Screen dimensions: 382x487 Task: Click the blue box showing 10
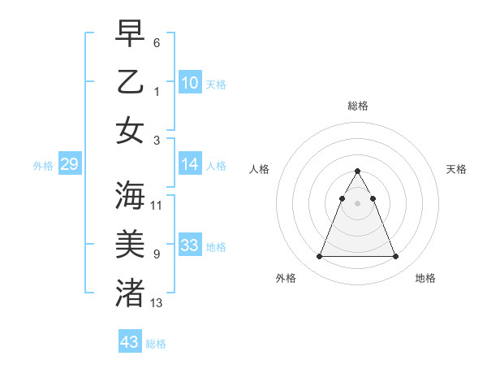click(190, 82)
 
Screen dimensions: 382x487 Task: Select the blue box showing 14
click(190, 164)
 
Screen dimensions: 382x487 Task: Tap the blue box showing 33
click(190, 245)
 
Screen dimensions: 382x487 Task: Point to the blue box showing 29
click(69, 165)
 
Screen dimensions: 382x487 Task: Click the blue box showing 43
click(129, 342)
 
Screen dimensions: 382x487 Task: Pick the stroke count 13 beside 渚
click(157, 303)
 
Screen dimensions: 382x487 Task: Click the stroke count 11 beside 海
click(157, 206)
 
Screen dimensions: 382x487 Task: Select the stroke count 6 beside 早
click(157, 42)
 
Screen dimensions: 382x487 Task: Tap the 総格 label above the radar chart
click(357, 106)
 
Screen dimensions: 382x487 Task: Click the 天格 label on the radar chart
click(456, 169)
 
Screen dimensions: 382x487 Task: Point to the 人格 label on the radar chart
click(260, 169)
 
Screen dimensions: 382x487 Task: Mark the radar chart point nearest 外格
click(319, 257)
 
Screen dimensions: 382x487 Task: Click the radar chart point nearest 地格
click(395, 257)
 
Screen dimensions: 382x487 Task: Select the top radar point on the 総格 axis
click(357, 171)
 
